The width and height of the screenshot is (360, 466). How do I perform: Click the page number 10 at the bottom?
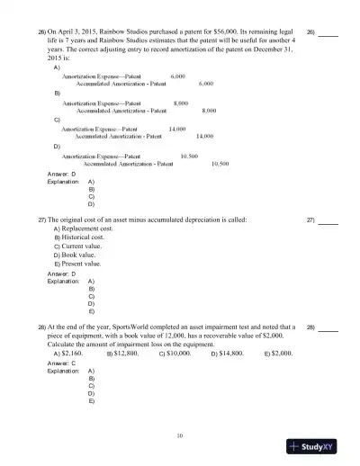(180, 436)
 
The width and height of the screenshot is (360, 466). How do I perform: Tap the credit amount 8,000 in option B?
(209, 110)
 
